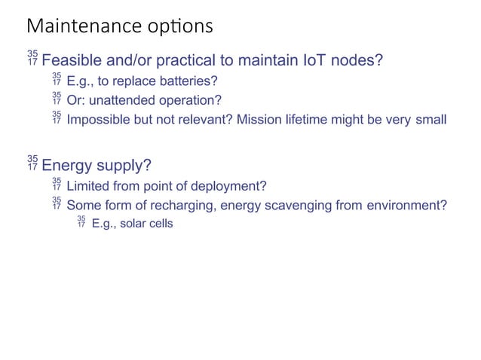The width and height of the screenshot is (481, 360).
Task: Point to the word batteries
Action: coord(188,81)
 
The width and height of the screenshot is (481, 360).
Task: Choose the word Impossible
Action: coord(99,119)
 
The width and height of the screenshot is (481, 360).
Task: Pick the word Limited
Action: coord(87,186)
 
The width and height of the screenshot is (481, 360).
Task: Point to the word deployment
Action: coord(228,186)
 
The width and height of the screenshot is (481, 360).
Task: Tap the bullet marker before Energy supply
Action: coord(32,162)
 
